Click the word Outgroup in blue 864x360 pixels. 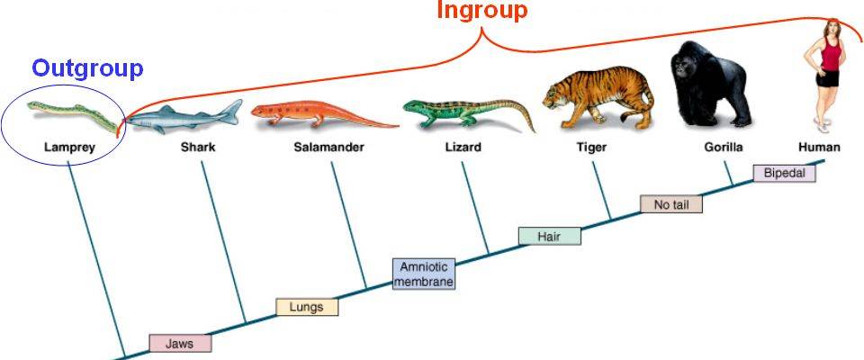[x=87, y=68]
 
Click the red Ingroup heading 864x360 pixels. [x=481, y=11]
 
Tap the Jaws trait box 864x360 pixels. [x=180, y=343]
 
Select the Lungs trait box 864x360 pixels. [x=306, y=307]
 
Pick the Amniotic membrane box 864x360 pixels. [x=423, y=274]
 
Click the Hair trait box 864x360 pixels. [x=549, y=236]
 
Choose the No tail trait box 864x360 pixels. [x=670, y=204]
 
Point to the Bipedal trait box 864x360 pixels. [x=783, y=172]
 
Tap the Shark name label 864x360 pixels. [x=197, y=147]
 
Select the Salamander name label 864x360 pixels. [x=328, y=147]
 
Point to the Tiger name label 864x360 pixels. [x=590, y=147]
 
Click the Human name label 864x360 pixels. [x=819, y=147]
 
